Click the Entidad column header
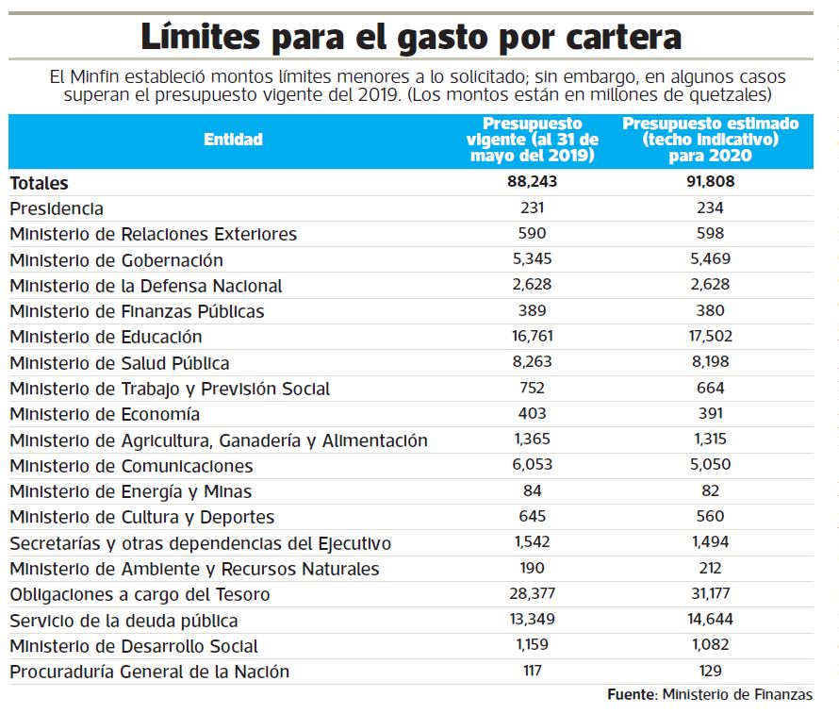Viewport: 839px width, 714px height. pos(233,140)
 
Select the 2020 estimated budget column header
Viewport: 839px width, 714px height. pos(710,140)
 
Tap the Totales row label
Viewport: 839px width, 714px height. pos(39,183)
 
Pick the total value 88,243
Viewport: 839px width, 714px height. pos(532,182)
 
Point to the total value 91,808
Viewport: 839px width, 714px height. pos(710,182)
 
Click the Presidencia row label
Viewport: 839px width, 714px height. pos(57,208)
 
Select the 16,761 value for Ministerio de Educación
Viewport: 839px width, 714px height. pos(532,337)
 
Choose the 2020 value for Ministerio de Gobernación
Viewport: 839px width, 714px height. pos(710,259)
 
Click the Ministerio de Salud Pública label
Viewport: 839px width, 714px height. pos(120,363)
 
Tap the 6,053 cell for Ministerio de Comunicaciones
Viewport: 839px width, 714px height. pos(532,466)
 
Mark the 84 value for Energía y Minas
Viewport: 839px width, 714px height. pos(532,491)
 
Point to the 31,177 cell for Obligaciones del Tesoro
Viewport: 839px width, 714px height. pos(710,594)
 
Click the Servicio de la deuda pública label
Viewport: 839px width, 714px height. pos(123,621)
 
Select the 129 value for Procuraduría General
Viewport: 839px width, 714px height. pos(710,672)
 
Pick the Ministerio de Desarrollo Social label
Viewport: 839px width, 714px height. pos(134,646)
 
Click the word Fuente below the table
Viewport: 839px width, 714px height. pos(630,695)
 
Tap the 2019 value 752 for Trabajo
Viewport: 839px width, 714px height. pos(532,389)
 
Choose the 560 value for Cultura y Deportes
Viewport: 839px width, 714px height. pos(710,517)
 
